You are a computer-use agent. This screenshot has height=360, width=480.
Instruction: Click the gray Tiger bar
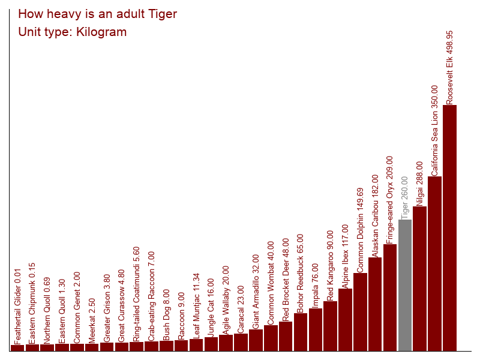(404, 286)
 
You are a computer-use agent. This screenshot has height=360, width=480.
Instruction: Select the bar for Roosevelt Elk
(449, 228)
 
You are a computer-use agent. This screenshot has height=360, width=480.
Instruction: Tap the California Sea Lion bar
(434, 263)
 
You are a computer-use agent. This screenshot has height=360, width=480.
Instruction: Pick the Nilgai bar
(419, 278)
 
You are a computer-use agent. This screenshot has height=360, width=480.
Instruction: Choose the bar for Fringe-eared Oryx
(389, 298)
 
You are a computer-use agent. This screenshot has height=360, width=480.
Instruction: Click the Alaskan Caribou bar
(374, 304)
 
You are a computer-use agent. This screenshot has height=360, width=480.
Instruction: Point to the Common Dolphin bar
(360, 312)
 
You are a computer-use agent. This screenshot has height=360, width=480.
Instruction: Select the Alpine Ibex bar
(345, 320)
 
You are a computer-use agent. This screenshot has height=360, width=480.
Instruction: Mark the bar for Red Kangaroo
(330, 326)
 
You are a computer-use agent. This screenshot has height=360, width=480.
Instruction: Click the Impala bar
(316, 329)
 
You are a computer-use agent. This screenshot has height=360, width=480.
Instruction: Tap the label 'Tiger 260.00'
(404, 198)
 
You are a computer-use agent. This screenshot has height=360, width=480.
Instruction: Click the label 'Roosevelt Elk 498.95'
(449, 68)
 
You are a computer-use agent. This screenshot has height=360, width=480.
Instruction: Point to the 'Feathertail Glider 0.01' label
(17, 307)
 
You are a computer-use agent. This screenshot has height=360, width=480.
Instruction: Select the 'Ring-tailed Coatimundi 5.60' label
(136, 294)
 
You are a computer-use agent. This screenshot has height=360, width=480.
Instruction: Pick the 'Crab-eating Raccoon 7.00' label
(151, 296)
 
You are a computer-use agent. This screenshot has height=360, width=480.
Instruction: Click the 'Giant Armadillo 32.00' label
(256, 292)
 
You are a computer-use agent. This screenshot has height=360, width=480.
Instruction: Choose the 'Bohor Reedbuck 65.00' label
(300, 274)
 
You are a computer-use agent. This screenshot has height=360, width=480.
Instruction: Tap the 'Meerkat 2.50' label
(92, 321)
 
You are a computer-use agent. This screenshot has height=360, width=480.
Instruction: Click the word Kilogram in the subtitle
(101, 32)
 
